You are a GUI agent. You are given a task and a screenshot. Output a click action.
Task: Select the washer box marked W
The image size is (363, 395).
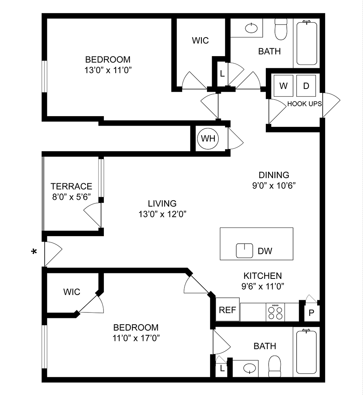[x=283, y=86]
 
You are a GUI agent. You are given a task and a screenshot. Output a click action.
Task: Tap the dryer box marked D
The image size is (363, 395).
[x=306, y=86]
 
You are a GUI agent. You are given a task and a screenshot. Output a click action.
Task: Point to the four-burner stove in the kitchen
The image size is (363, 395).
[x=275, y=312]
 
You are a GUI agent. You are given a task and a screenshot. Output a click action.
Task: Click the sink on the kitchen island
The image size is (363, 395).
[x=244, y=250]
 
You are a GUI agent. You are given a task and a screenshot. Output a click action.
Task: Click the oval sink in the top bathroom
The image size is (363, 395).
[x=251, y=28]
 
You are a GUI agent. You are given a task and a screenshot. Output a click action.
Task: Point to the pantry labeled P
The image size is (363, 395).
[x=311, y=313]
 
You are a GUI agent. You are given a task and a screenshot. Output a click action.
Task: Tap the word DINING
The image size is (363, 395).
[x=274, y=175]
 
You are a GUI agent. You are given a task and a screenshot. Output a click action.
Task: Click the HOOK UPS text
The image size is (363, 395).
[x=304, y=103]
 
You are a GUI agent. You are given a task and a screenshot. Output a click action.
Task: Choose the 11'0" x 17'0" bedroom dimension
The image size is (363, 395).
[x=136, y=338]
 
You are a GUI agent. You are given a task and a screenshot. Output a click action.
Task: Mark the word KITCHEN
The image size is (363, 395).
[x=262, y=276]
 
